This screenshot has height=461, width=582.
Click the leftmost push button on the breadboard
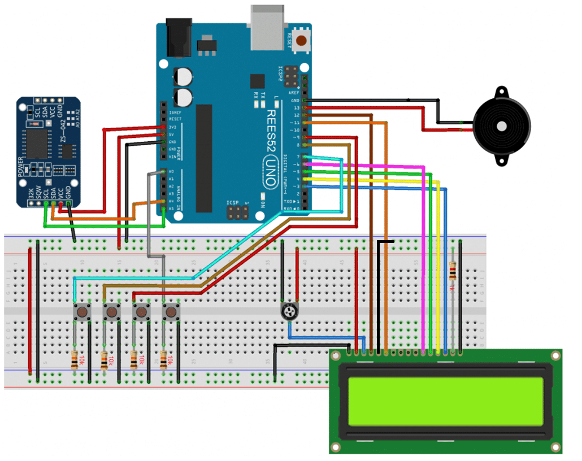pos(83,311)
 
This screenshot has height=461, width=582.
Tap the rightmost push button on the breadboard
pos(170,311)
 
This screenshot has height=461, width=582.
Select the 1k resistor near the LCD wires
pos(453,273)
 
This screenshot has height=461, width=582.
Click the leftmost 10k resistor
pos(75,359)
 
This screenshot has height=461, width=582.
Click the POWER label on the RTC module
pos(21,167)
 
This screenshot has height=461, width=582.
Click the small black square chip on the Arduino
pos(258,81)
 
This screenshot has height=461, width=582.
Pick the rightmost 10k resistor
pos(163,359)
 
